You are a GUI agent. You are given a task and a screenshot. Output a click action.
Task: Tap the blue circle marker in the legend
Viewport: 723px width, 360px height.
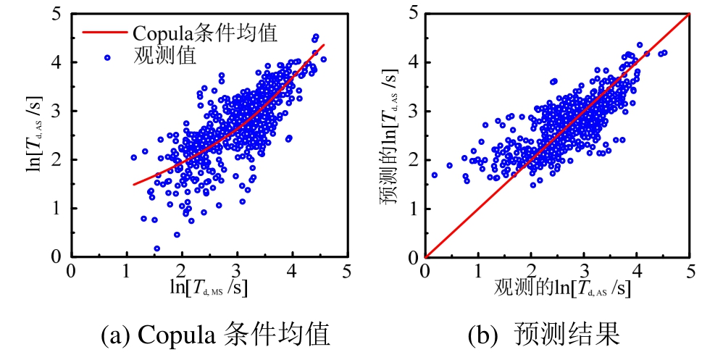pos(107,56)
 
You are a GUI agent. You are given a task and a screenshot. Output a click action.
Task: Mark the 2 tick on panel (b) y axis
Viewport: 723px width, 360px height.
pos(412,159)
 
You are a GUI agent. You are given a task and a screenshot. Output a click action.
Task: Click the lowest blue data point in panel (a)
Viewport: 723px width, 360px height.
pos(157,248)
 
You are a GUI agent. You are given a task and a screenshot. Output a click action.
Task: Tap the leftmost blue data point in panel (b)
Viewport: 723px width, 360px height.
pos(435,175)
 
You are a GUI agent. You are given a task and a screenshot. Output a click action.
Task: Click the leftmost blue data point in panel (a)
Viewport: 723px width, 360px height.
pos(134,157)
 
